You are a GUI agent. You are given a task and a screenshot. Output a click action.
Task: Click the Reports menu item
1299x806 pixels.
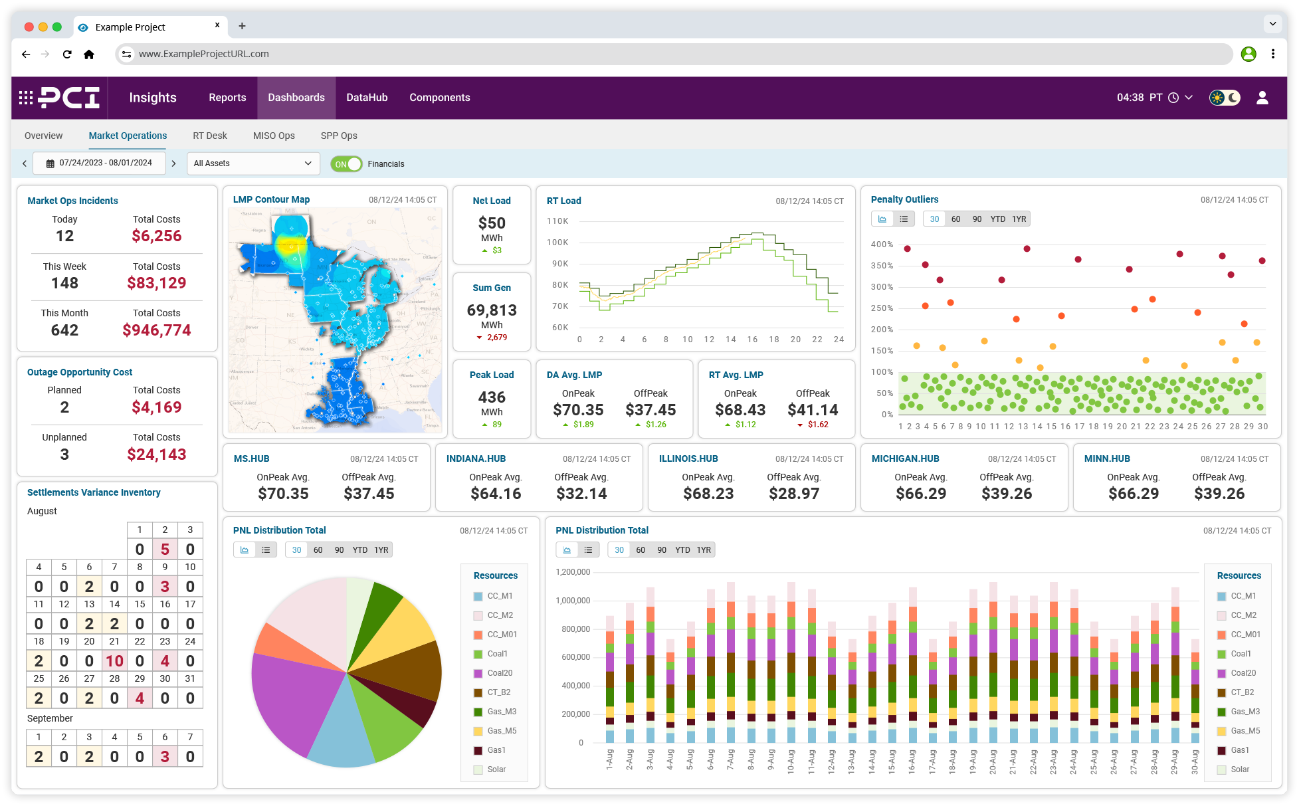pyautogui.click(x=227, y=98)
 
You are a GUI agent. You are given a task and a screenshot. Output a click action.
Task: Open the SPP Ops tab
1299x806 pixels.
pyautogui.click(x=339, y=136)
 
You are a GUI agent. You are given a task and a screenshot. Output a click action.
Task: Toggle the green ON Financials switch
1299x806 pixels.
pyautogui.click(x=346, y=164)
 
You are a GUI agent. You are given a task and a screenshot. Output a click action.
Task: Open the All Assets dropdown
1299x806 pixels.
pyautogui.click(x=252, y=163)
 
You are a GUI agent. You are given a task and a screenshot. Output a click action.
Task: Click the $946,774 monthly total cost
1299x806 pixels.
pyautogui.click(x=157, y=330)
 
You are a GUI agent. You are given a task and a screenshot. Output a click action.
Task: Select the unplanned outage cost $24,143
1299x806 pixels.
pyautogui.click(x=157, y=454)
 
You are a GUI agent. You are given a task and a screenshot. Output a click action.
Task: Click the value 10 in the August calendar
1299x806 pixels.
pyautogui.click(x=114, y=661)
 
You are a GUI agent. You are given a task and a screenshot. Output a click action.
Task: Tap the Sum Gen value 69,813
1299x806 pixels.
pyautogui.click(x=492, y=310)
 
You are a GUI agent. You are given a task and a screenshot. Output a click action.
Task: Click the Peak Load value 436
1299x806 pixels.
pyautogui.click(x=492, y=397)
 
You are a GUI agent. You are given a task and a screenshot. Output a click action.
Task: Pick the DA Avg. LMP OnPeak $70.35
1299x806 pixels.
pyautogui.click(x=578, y=410)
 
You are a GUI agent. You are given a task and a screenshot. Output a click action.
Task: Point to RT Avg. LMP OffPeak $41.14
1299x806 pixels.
pyautogui.click(x=813, y=410)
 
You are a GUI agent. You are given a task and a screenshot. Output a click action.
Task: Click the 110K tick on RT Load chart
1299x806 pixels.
pyautogui.click(x=557, y=221)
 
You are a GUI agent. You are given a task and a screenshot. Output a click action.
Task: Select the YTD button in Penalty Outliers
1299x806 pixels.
pyautogui.click(x=997, y=219)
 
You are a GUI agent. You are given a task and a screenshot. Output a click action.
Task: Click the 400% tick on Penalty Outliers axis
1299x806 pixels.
pyautogui.click(x=882, y=245)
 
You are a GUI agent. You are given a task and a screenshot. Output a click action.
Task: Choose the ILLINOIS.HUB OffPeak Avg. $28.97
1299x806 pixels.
pyautogui.click(x=794, y=494)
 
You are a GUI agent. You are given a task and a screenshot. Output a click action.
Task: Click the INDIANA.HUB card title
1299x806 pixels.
pyautogui.click(x=476, y=458)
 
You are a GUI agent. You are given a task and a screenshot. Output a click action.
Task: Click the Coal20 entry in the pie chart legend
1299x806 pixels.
pyautogui.click(x=499, y=673)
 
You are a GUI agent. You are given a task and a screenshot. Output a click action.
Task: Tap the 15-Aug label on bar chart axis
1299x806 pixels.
pyautogui.click(x=892, y=759)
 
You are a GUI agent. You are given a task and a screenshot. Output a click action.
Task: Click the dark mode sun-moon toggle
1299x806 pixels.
pyautogui.click(x=1225, y=98)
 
